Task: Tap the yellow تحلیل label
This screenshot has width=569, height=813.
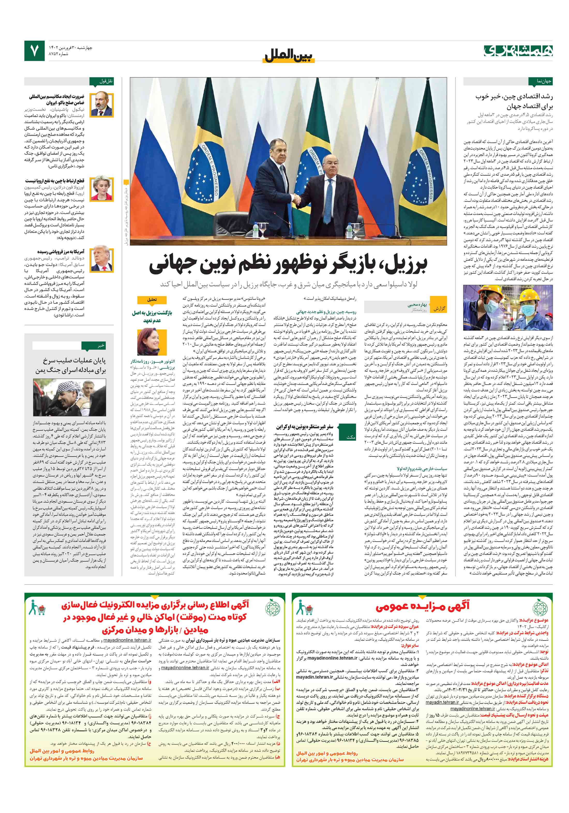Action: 152,300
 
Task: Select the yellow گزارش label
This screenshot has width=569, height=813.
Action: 438,308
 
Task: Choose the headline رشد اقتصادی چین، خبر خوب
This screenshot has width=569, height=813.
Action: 514,101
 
